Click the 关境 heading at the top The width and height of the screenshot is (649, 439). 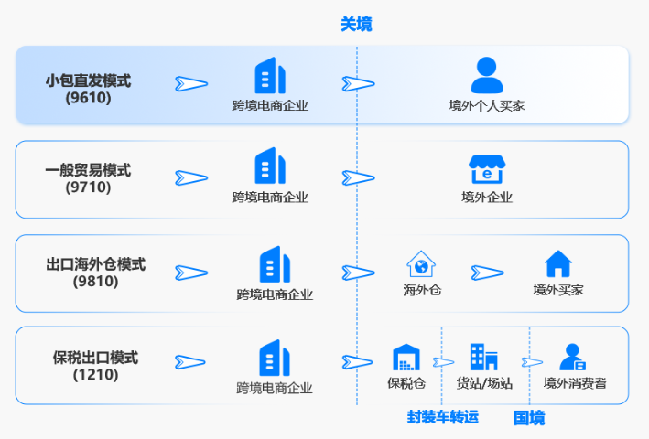pyautogui.click(x=356, y=25)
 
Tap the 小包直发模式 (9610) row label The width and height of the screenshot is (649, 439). pyautogui.click(x=88, y=89)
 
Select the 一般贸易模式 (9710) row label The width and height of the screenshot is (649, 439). pyautogui.click(x=88, y=178)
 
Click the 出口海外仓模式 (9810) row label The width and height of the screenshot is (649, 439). pyautogui.click(x=95, y=273)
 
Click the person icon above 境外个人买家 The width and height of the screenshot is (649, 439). pyautogui.click(x=486, y=74)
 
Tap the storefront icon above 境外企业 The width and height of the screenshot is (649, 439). pyautogui.click(x=486, y=169)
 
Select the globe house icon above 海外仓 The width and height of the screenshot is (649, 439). pyautogui.click(x=421, y=264)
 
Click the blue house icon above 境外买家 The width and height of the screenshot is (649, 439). pyautogui.click(x=558, y=264)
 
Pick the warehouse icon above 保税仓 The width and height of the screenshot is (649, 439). pyautogui.click(x=406, y=358)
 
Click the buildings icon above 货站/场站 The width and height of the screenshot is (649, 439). pyautogui.click(x=483, y=358)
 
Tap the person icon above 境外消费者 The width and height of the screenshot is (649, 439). pyautogui.click(x=574, y=358)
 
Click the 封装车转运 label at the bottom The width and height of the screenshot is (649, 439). pyautogui.click(x=443, y=417)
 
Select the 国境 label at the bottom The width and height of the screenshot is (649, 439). pyautogui.click(x=529, y=418)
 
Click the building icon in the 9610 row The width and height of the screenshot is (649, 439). pyautogui.click(x=270, y=76)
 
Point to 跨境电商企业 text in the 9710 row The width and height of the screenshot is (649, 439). pyautogui.click(x=270, y=197)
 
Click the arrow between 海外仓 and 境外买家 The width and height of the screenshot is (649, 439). pyautogui.click(x=488, y=273)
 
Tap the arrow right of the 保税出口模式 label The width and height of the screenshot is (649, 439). pyautogui.click(x=191, y=362)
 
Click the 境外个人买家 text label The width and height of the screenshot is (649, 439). pyautogui.click(x=486, y=105)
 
